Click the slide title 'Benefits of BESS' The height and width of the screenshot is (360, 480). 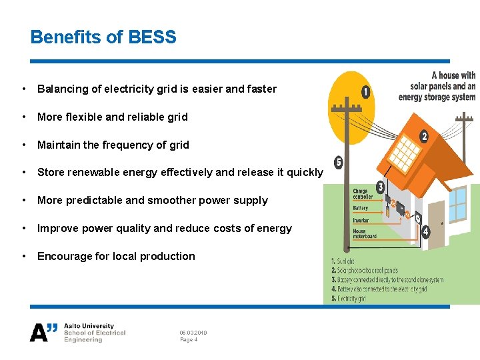(x=103, y=37)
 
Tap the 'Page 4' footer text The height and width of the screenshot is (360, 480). (x=189, y=340)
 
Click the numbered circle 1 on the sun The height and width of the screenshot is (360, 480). (x=365, y=92)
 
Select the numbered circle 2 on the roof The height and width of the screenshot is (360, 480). (x=423, y=137)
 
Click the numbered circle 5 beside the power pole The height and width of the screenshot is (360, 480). (x=339, y=163)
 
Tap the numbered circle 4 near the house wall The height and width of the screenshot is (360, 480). (x=426, y=233)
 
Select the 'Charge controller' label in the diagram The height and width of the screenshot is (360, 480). (x=363, y=194)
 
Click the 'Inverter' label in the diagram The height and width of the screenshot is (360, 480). (x=361, y=220)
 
